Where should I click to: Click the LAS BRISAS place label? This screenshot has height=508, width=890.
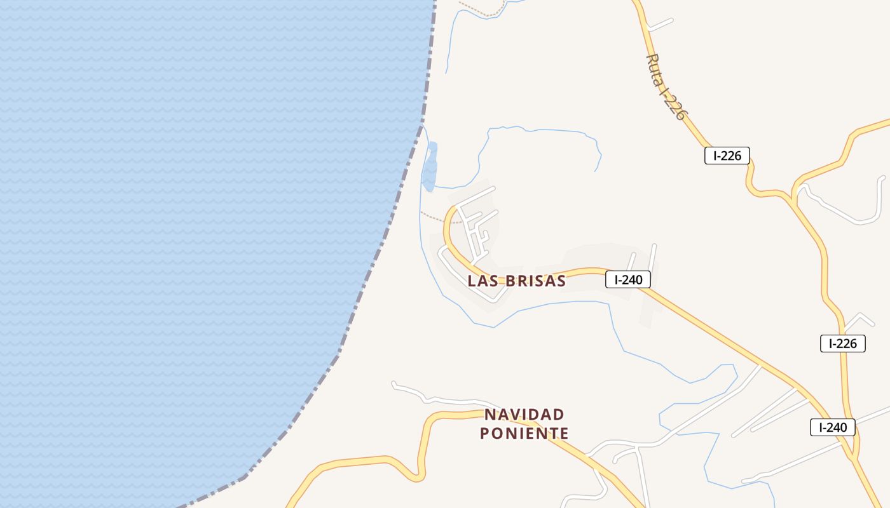pos(516,281)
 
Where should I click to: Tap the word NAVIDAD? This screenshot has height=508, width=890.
pos(524,415)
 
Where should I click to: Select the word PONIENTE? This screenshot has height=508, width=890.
pos(524,434)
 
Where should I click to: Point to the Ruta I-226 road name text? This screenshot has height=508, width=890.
pos(666,86)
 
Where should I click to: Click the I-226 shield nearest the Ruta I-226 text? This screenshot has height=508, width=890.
pos(727,156)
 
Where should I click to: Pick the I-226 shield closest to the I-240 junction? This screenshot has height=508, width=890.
pos(842,344)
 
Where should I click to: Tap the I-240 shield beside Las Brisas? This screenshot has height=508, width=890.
pos(627,279)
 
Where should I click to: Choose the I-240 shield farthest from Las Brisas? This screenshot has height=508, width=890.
pos(832,427)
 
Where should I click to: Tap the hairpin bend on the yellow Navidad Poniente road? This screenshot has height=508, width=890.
pos(420,473)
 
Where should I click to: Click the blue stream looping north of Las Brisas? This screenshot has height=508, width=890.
pos(540,131)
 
